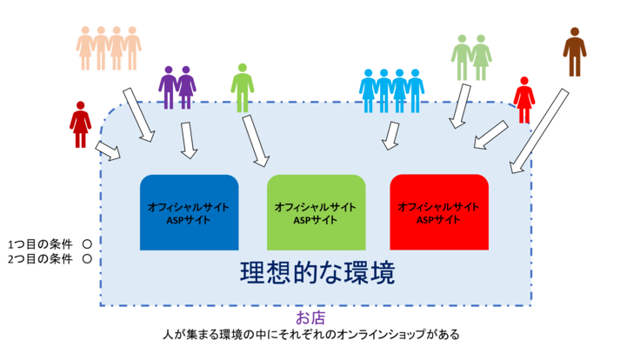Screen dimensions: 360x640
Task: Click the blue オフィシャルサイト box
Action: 190,213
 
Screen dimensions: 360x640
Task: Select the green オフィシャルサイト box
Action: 315,213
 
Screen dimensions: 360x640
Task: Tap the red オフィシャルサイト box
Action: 439,213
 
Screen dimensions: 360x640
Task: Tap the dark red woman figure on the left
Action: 81,124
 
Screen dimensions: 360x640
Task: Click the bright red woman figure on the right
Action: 523,100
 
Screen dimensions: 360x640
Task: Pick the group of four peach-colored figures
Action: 109,48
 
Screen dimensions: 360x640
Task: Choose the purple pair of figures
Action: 177,87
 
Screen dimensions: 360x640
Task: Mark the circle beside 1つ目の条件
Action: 86,244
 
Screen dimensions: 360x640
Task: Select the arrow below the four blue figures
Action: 391,135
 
